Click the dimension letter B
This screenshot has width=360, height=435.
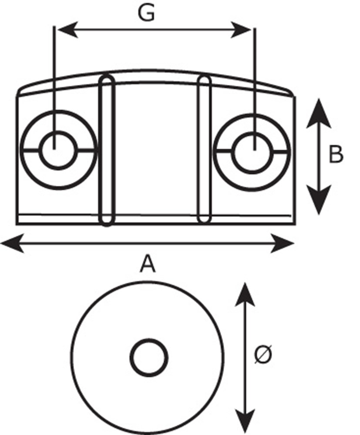click(336, 155)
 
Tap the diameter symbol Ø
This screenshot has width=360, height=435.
click(263, 355)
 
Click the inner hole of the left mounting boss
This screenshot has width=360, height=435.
click(58, 150)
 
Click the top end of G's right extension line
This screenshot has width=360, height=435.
click(255, 27)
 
